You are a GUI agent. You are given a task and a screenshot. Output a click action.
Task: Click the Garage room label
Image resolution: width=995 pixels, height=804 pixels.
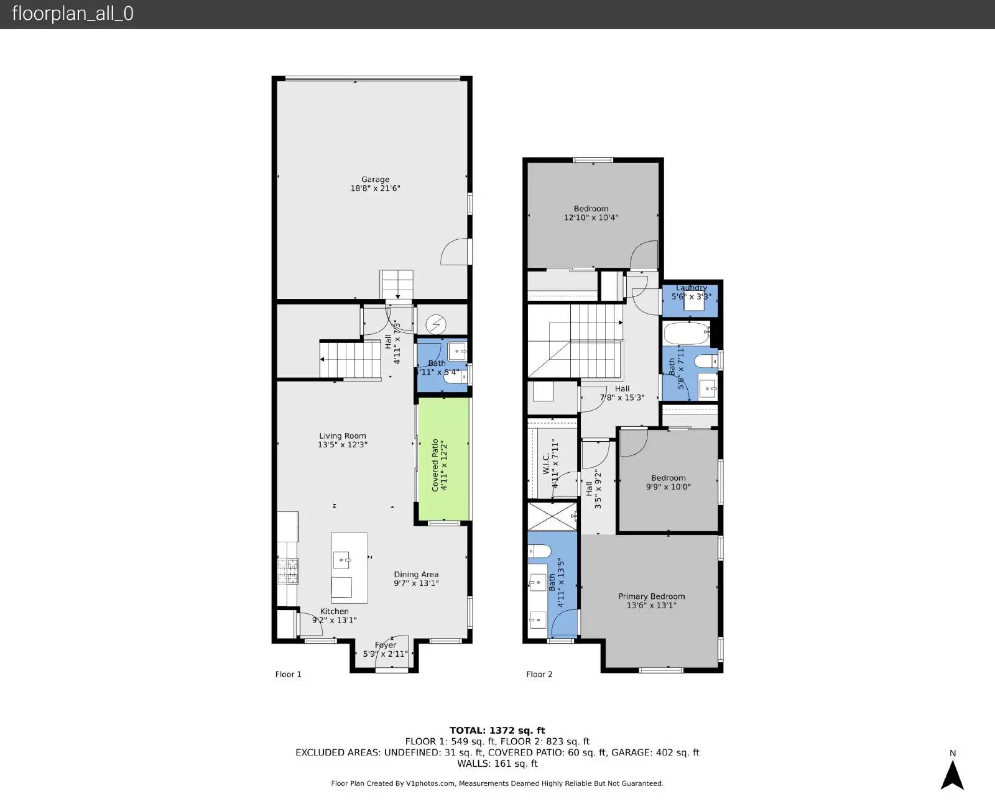point(375,180)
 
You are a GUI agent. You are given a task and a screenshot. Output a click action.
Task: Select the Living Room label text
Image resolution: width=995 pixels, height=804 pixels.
point(342,436)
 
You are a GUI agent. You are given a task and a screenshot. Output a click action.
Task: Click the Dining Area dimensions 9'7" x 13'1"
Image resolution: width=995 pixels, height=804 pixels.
point(416,583)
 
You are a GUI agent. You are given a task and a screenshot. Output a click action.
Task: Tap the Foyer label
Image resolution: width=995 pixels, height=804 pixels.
point(386,645)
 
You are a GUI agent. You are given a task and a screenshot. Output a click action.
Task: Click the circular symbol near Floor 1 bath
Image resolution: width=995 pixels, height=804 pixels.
point(436,324)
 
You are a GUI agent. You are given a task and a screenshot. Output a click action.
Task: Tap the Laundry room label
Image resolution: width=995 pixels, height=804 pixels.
point(691,288)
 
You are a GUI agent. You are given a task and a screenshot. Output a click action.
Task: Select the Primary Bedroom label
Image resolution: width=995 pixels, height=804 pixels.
point(651,596)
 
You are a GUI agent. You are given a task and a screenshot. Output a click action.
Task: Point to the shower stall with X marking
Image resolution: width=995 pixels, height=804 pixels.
point(552,516)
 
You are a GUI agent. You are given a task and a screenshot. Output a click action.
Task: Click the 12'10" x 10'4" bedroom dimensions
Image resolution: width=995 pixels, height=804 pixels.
point(591,218)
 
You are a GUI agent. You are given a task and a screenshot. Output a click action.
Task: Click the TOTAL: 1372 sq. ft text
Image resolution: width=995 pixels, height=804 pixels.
point(497,731)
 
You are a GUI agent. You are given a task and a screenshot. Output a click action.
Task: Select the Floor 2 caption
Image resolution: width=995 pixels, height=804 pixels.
point(539,674)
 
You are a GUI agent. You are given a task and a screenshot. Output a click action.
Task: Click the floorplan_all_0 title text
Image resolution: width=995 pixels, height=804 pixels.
point(73,14)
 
